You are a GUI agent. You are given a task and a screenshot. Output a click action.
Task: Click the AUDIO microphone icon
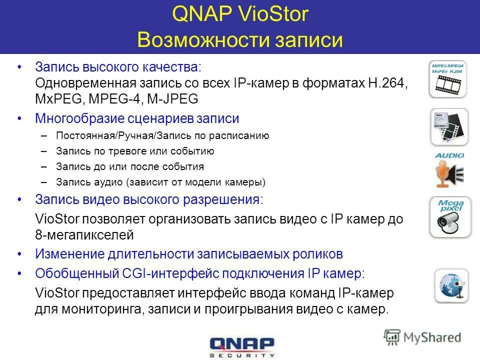[448, 169]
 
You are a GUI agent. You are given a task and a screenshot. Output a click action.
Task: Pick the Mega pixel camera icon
[449, 217]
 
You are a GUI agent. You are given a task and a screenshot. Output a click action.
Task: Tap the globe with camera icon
[451, 285]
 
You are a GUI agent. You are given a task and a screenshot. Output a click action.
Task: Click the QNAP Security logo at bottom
[242, 346]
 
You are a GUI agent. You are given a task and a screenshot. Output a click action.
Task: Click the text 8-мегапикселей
[84, 233]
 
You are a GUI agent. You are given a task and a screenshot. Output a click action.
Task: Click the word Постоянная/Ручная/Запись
[116, 135]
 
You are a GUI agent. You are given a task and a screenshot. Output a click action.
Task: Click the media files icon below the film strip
[448, 127]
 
